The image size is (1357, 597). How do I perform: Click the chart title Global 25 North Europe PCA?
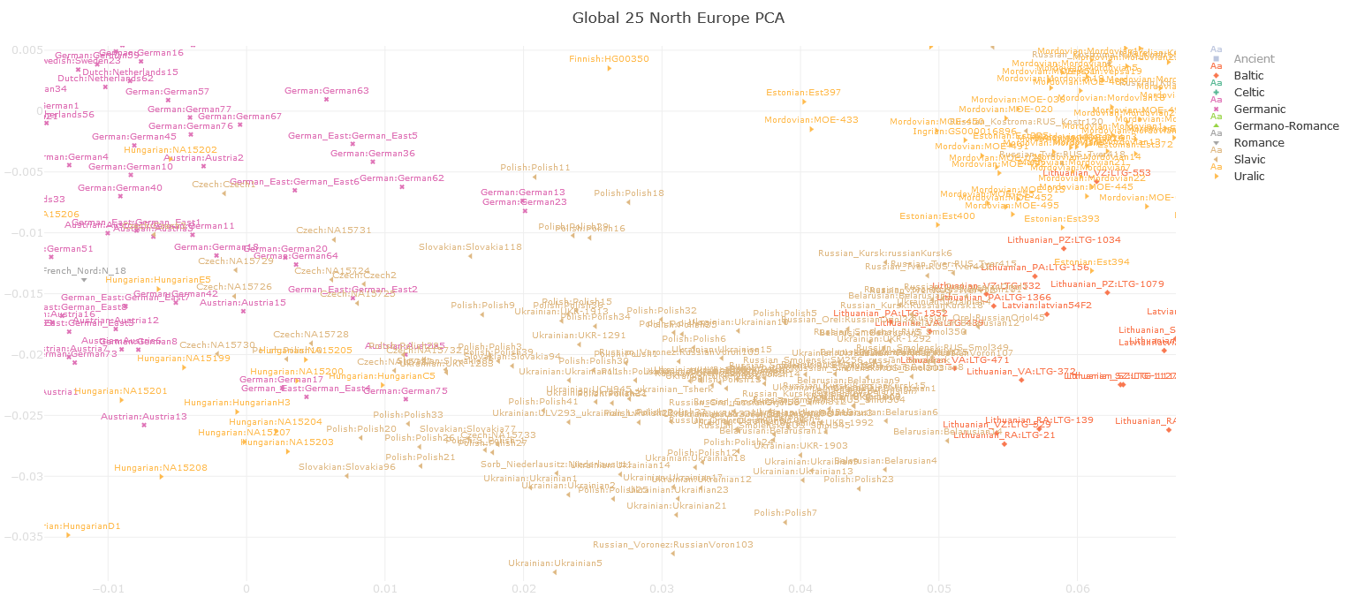point(678,18)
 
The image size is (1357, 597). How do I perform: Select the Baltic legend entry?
point(1248,76)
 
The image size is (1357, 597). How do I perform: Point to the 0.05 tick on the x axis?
point(939,588)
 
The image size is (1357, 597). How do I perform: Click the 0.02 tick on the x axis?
point(524,588)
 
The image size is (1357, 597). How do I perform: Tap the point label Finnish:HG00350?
point(609,59)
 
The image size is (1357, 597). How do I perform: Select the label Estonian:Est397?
point(803,92)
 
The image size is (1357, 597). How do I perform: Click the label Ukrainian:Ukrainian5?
point(555,563)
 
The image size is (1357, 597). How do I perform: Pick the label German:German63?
point(326,90)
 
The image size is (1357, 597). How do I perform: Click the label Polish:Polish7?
point(785,512)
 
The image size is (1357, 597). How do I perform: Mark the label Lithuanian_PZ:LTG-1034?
point(1064,239)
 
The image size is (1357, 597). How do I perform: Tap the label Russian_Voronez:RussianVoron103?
point(673,545)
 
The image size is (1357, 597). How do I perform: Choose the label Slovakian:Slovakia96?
point(346,466)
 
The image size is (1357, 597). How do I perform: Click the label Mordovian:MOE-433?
point(811,119)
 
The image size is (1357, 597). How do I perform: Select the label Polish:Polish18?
point(628,193)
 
